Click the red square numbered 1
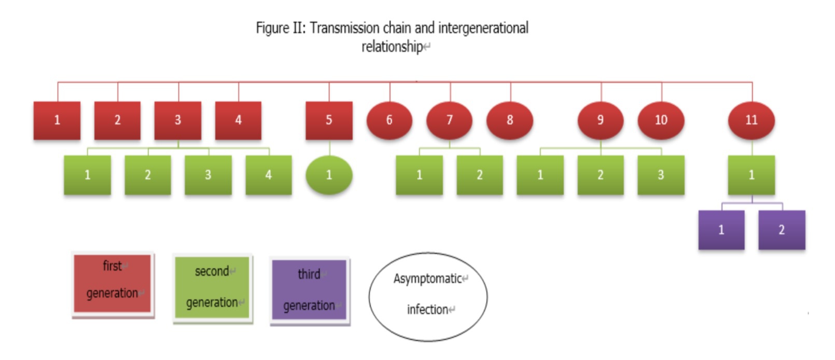(57, 121)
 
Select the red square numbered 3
(178, 121)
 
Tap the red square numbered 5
(329, 121)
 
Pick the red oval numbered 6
(389, 121)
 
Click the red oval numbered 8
(510, 121)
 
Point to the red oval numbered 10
(661, 121)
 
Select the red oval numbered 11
(751, 121)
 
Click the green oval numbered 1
(329, 175)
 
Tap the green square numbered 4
(269, 175)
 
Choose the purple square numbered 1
(721, 230)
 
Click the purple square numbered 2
(782, 230)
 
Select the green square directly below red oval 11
(751, 175)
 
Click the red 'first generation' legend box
(113, 284)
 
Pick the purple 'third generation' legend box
(310, 290)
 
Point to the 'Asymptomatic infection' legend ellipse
(428, 297)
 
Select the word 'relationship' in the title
(392, 47)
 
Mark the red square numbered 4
(238, 121)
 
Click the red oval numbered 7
(450, 121)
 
